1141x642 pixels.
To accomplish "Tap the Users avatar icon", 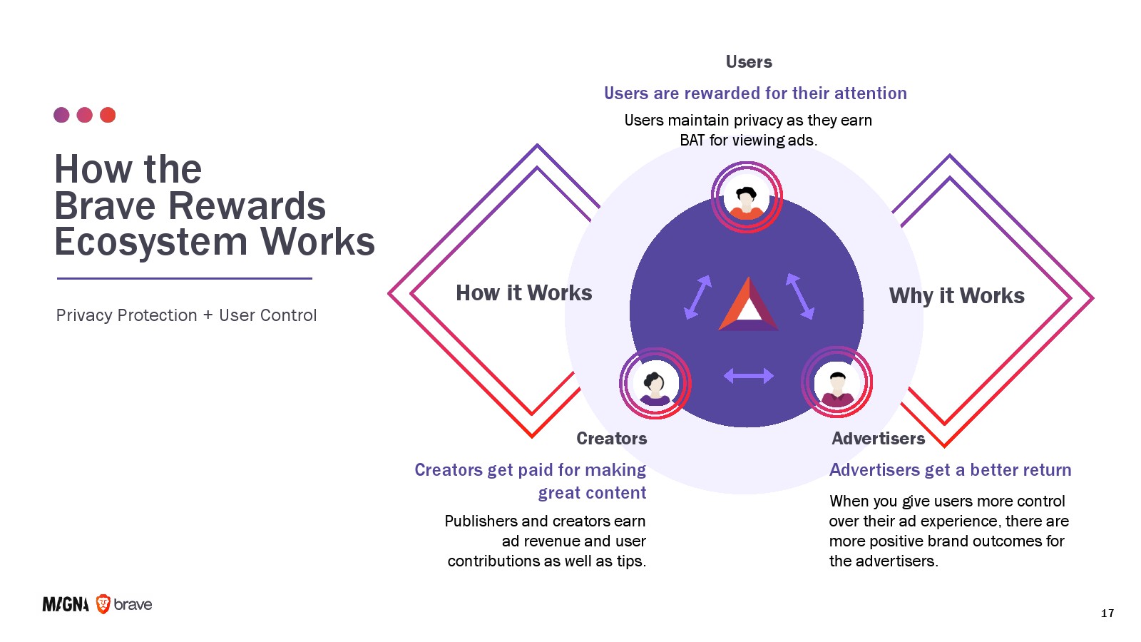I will pyautogui.click(x=747, y=197).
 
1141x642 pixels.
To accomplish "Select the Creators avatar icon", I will pyautogui.click(x=655, y=384).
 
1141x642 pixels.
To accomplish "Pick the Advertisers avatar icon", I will pyautogui.click(x=837, y=382).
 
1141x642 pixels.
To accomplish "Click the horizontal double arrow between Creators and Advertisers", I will pyautogui.click(x=748, y=376).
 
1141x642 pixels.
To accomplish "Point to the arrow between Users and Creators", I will pyautogui.click(x=697, y=297).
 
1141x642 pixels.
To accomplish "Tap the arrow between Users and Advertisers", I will pyautogui.click(x=799, y=295).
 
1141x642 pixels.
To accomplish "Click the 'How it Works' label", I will pyautogui.click(x=523, y=293).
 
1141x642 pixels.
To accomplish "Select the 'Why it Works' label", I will pyautogui.click(x=956, y=296).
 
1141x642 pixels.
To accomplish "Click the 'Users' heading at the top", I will pyautogui.click(x=749, y=62).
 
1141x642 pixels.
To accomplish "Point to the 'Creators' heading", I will pyautogui.click(x=611, y=439).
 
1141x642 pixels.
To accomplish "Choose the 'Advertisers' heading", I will pyautogui.click(x=878, y=439).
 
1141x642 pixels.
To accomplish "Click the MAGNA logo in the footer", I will pyautogui.click(x=66, y=605).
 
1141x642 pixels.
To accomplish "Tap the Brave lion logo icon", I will pyautogui.click(x=103, y=604).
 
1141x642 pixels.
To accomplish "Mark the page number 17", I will pyautogui.click(x=1107, y=613).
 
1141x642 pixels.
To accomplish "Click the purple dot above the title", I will pyautogui.click(x=61, y=115).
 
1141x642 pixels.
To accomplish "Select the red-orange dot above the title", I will pyautogui.click(x=108, y=115).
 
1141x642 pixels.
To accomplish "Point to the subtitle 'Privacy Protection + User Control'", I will pyautogui.click(x=186, y=315).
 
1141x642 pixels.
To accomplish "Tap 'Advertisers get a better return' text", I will pyautogui.click(x=950, y=470).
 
